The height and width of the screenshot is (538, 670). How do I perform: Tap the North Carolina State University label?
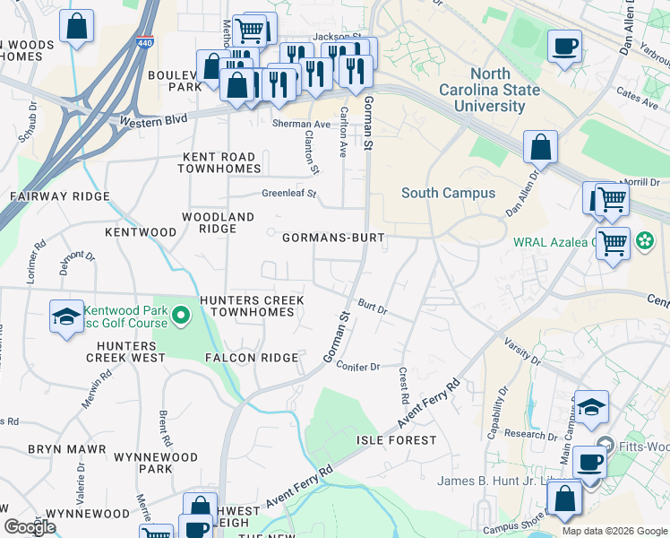coord(489,90)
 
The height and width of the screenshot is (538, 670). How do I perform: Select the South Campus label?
coord(448,193)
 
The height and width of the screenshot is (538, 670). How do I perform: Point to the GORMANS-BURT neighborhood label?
coord(333,239)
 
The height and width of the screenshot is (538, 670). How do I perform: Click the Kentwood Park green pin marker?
coord(181,316)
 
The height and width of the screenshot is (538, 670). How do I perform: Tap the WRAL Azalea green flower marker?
coord(643,241)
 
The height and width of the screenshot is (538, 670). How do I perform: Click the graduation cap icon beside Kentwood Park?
coord(65,317)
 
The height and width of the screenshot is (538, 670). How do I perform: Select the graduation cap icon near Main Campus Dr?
coord(591,407)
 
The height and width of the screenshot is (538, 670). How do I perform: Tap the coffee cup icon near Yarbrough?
coord(564,47)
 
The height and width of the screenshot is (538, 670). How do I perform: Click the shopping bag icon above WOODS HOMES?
coord(77,26)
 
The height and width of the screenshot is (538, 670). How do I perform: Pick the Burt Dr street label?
coord(372,308)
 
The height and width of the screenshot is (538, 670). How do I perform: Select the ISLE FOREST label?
coord(397,440)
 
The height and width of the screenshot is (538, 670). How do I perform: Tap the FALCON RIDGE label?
coord(252,358)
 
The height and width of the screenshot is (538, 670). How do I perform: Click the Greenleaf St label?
coord(289,193)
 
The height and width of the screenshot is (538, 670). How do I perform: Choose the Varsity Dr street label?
coord(523,351)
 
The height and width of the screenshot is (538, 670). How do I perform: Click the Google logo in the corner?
coord(30,527)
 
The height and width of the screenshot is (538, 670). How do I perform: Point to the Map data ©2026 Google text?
coord(614,531)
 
